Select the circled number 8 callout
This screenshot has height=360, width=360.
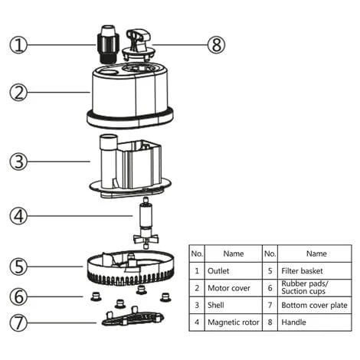[217, 44]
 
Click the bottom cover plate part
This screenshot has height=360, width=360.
[132, 317]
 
